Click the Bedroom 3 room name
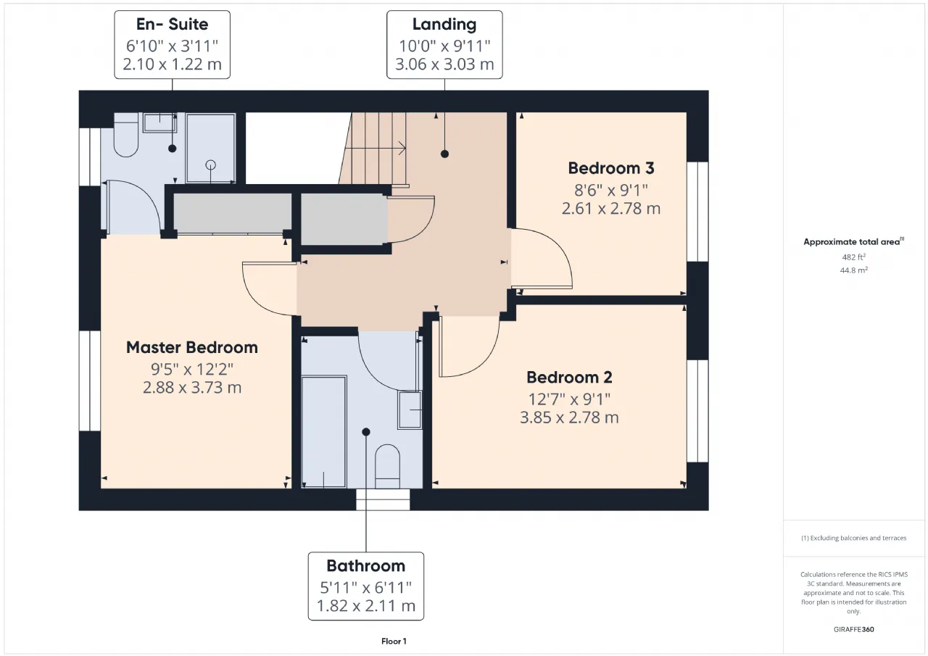[x=611, y=168]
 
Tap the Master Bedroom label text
[x=192, y=347]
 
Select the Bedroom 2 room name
[x=569, y=377]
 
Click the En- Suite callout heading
[x=172, y=24]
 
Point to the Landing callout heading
[x=444, y=25]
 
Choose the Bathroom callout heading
[x=366, y=565]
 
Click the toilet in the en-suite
[x=125, y=135]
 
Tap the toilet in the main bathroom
[x=387, y=466]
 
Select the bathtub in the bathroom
[x=323, y=431]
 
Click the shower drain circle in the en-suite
[x=211, y=165]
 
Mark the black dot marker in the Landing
[x=444, y=154]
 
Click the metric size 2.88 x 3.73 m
[x=192, y=388]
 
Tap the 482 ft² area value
[x=854, y=257]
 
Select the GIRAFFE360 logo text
[x=854, y=629]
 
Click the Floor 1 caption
[x=394, y=642]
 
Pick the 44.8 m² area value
[x=854, y=270]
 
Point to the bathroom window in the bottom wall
[x=383, y=499]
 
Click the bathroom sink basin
[x=410, y=410]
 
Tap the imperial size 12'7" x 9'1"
[x=569, y=399]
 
